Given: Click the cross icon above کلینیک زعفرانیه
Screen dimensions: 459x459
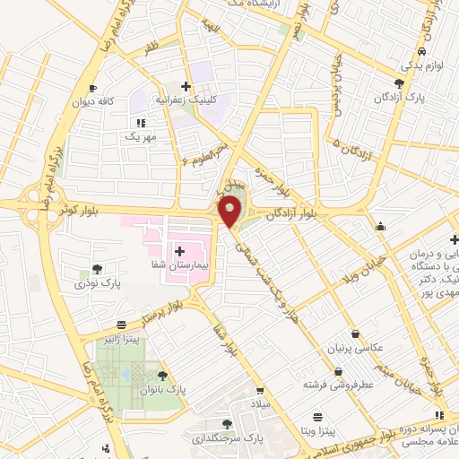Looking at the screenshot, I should pos(186,86).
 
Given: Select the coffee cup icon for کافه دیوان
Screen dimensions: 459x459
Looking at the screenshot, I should pos(92,88).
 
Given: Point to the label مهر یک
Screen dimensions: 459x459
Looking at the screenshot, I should pos(141,137).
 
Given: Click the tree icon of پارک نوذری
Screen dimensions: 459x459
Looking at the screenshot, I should pos(97,268).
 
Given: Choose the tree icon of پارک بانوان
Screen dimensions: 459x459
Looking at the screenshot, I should pos(162,377).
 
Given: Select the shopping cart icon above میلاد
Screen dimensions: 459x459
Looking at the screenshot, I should pos(260,391).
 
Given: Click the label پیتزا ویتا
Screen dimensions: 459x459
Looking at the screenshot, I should pos(317,432).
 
